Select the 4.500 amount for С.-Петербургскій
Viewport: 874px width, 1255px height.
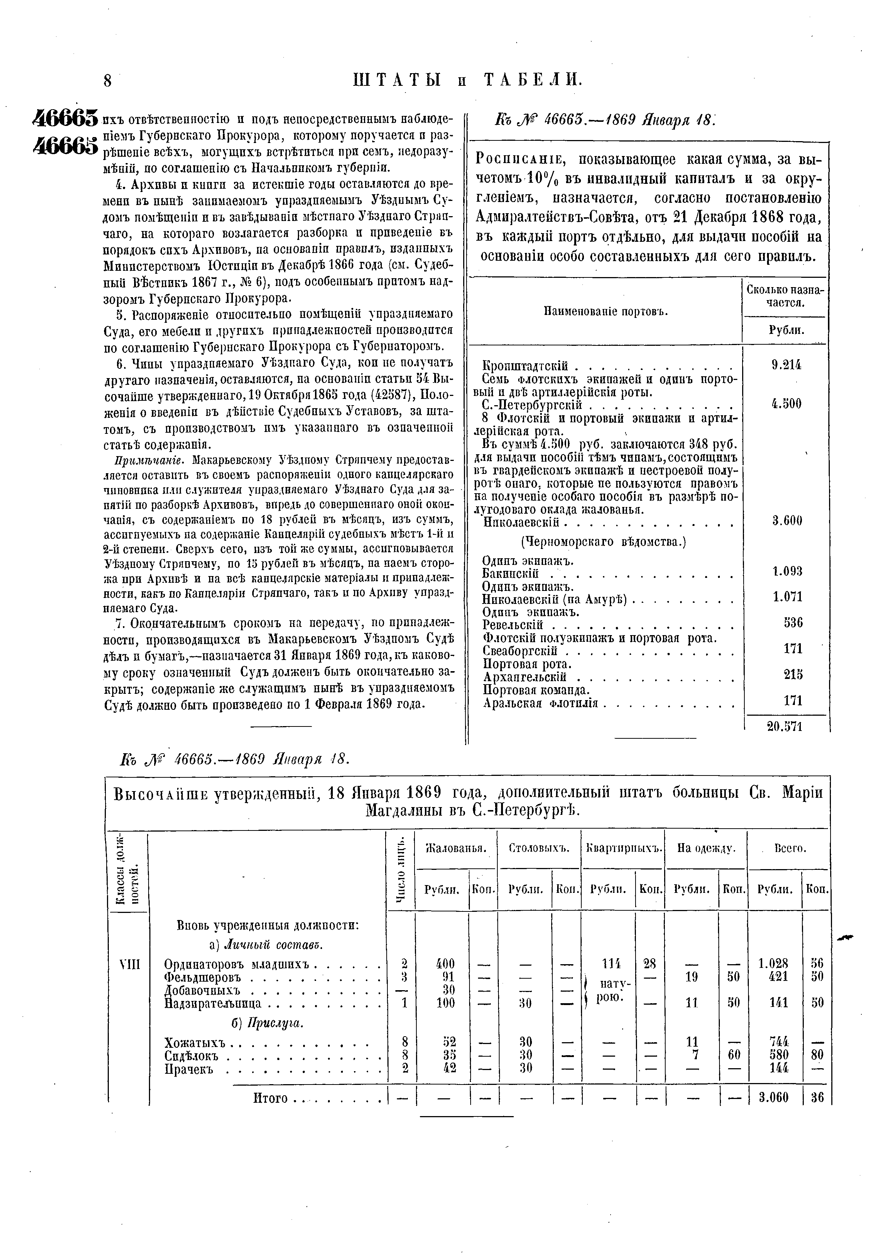coord(787,404)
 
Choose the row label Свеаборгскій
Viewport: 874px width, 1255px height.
coord(520,651)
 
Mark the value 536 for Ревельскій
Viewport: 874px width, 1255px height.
coord(793,622)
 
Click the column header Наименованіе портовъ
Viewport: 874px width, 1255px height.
coord(606,312)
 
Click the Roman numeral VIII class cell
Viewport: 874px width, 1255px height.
coord(129,965)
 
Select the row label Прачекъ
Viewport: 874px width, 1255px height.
coord(189,1068)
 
